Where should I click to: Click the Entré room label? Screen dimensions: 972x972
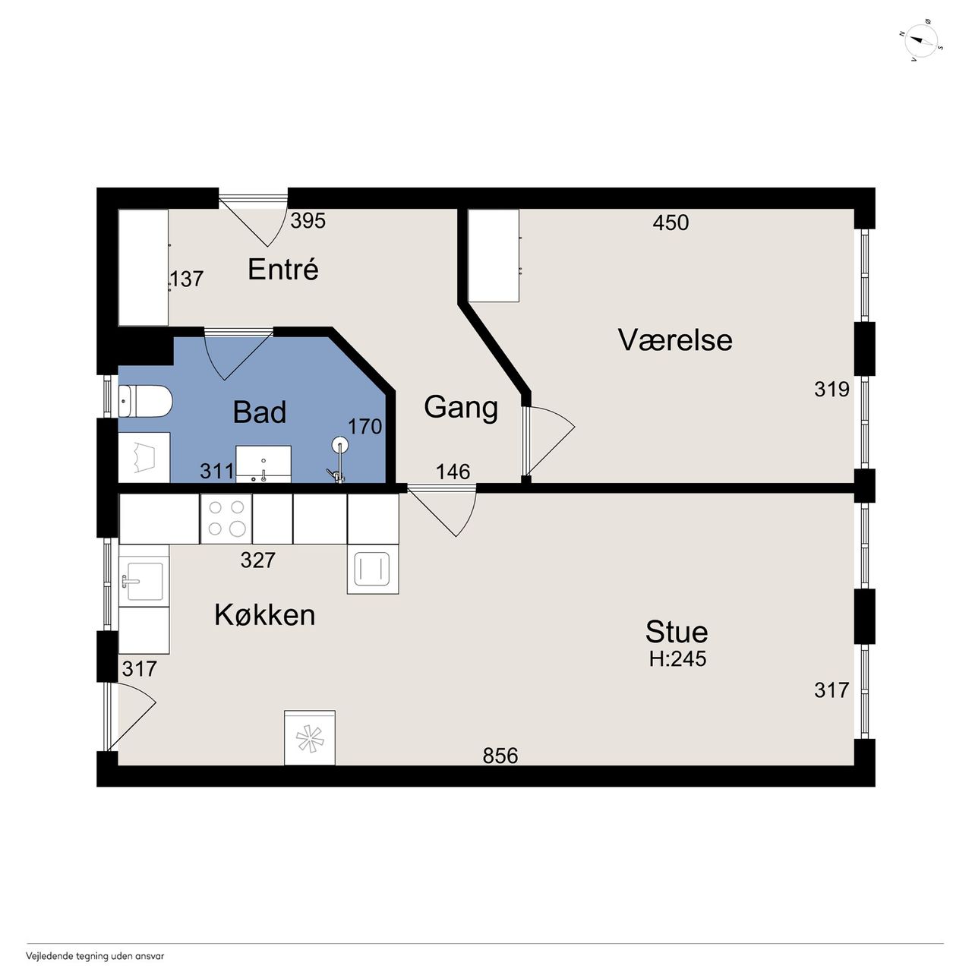(283, 270)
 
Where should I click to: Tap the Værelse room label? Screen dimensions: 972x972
(675, 340)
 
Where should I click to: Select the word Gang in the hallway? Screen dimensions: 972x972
(461, 408)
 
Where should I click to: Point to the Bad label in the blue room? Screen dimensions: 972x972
(260, 412)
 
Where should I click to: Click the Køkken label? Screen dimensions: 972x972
(265, 615)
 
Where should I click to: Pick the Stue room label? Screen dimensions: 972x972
(677, 632)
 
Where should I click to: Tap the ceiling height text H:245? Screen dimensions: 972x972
(677, 659)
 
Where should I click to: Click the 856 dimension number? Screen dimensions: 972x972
(500, 756)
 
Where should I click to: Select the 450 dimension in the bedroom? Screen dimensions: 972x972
(671, 222)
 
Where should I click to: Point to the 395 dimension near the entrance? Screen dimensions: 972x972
(308, 220)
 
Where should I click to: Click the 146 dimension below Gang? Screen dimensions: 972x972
(453, 472)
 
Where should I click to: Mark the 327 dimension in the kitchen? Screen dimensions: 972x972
(257, 560)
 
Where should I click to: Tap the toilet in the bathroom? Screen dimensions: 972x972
(145, 401)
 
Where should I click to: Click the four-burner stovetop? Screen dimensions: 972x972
(226, 519)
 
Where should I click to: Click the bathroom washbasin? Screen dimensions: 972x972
(264, 463)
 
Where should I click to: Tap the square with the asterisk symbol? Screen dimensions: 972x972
(310, 737)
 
